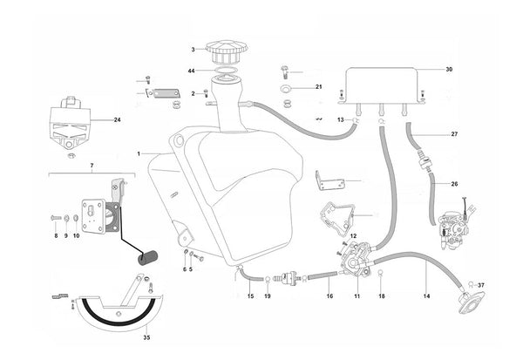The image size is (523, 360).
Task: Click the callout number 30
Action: (449, 69)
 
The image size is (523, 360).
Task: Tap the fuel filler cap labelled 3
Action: (225, 51)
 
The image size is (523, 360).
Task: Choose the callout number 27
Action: (453, 134)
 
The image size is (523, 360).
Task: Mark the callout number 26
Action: (454, 185)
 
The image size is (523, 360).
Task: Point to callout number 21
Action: (318, 87)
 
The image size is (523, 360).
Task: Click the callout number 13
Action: (342, 119)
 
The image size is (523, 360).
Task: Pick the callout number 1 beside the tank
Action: (139, 154)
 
